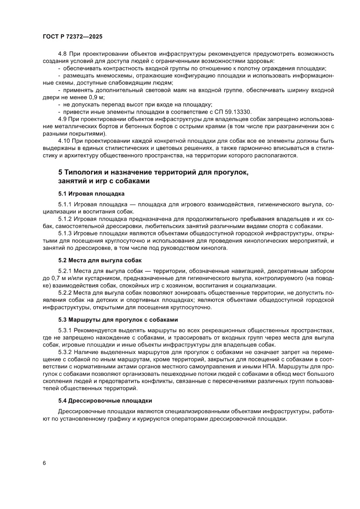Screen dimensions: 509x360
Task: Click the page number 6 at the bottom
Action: point(44,462)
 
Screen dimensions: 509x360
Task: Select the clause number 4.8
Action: point(63,54)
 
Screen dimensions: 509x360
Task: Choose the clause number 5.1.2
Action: point(65,219)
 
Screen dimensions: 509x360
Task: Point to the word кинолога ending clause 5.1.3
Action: point(215,248)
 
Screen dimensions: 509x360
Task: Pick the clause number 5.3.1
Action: point(65,330)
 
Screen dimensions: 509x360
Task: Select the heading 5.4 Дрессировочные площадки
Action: point(105,400)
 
